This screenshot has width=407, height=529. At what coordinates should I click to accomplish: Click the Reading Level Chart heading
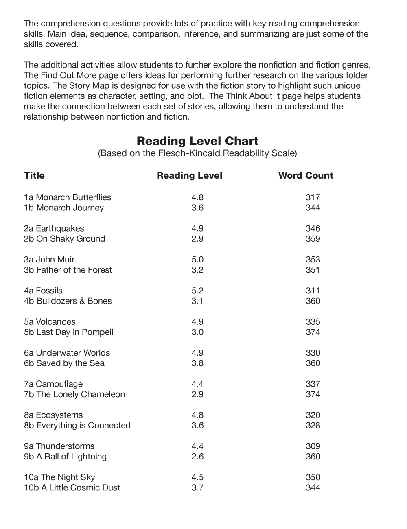point(197,141)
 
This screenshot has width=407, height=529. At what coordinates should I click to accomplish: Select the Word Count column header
point(306,175)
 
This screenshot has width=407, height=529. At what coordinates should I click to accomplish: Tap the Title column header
point(34,175)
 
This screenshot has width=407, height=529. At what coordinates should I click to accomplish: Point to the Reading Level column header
point(189,175)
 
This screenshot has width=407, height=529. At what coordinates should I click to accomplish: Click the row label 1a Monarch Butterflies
point(68,197)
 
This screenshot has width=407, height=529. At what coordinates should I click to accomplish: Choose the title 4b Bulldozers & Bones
point(68,301)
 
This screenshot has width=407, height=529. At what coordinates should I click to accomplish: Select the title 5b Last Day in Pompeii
point(68,332)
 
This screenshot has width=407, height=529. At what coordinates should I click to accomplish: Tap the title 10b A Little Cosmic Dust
point(72,487)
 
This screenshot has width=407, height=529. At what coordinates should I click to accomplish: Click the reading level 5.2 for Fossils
point(197,291)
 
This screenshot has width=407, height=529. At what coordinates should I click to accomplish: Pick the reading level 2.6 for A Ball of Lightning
point(197,457)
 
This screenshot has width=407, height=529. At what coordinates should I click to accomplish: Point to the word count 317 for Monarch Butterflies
point(313,197)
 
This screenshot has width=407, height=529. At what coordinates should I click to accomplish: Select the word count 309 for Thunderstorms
point(313,446)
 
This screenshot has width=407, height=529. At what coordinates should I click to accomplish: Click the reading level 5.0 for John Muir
point(197,260)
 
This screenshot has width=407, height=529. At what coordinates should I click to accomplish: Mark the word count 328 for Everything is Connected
point(313,425)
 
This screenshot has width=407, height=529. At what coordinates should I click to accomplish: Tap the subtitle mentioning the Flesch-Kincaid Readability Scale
point(197,153)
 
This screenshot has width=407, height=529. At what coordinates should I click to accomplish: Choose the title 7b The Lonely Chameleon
point(74,394)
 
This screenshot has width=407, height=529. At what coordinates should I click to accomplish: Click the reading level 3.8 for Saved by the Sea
point(197,363)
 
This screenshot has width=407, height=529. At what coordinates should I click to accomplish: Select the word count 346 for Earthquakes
point(313,228)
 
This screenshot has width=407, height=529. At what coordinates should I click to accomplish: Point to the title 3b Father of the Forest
point(68,270)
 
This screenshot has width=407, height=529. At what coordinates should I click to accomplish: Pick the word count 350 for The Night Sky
point(313,477)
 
